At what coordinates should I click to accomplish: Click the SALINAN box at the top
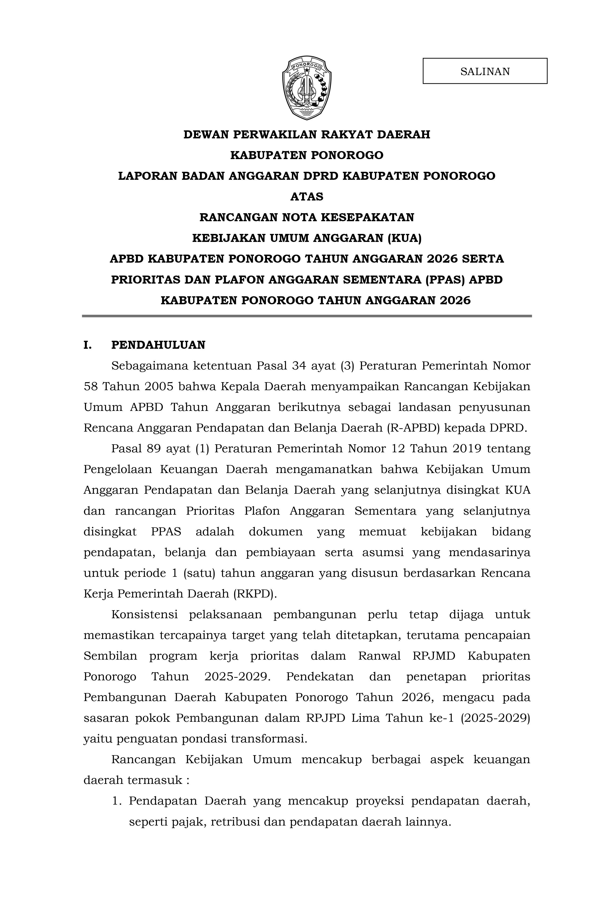click(x=485, y=71)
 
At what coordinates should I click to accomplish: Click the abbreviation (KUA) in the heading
click(x=405, y=238)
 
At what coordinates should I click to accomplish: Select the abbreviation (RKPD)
click(x=255, y=594)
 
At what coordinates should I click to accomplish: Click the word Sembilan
click(x=110, y=656)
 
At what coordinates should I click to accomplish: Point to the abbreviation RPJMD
click(x=434, y=656)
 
